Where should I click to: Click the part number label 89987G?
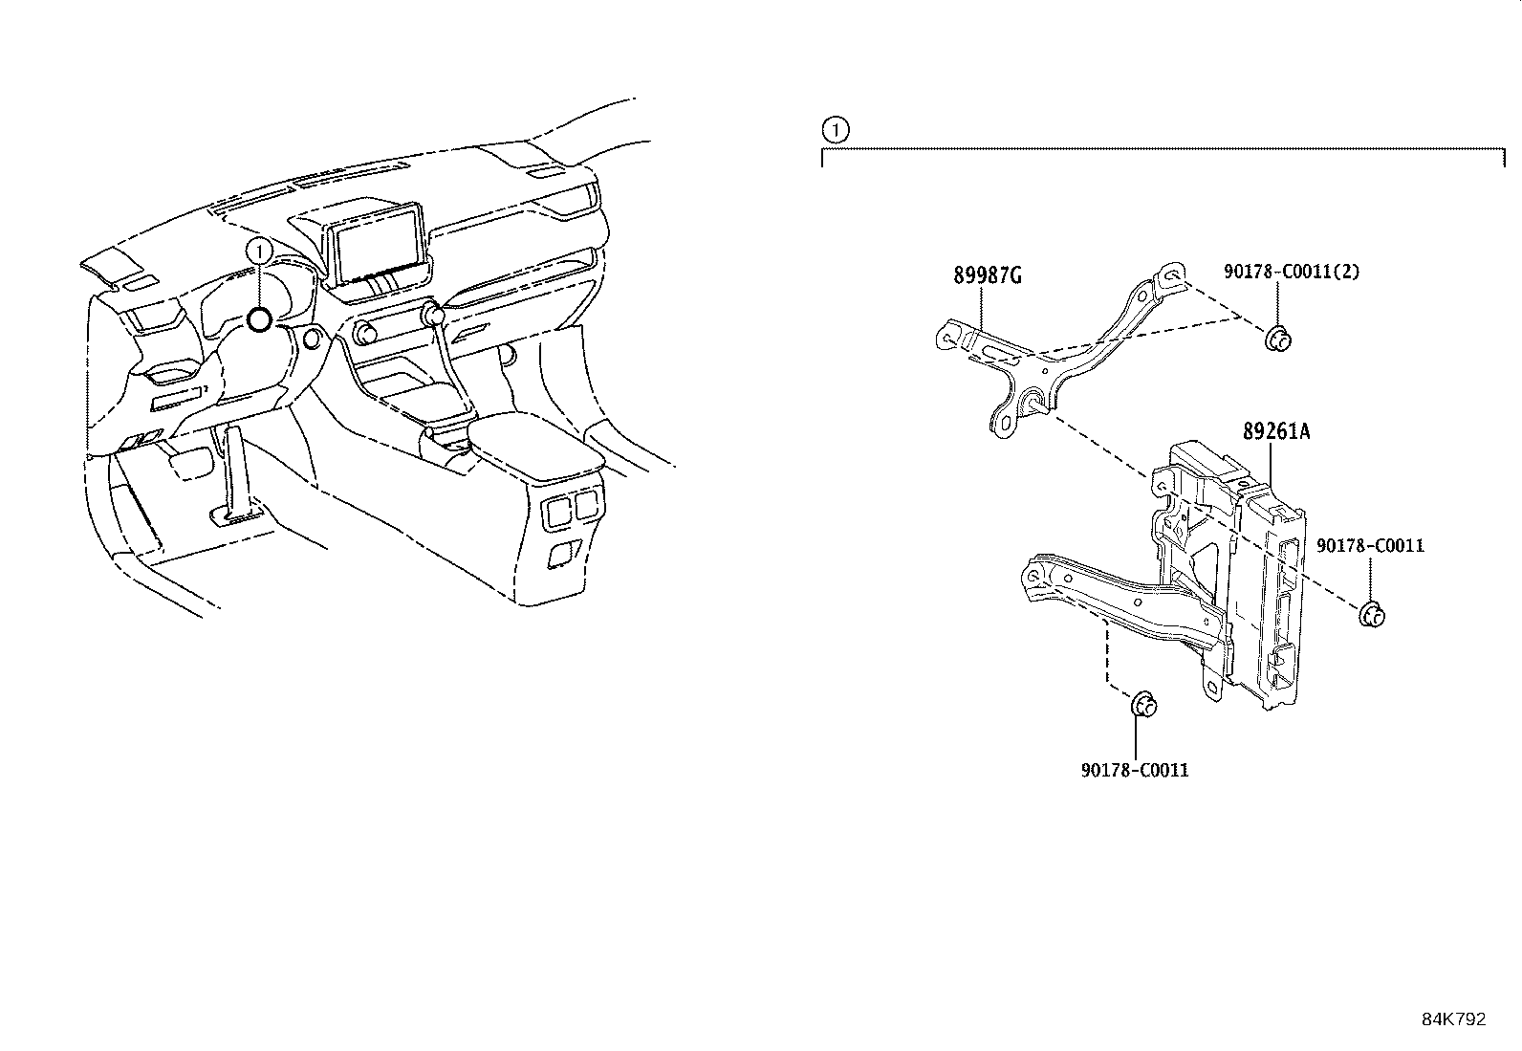click(988, 276)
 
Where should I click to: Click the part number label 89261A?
click(1275, 432)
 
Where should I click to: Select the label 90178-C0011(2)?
click(1291, 272)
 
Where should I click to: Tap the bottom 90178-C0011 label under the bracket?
click(1135, 770)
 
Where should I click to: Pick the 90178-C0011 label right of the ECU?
click(1370, 546)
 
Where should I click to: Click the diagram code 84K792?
click(1453, 1019)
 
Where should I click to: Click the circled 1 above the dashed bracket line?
click(835, 128)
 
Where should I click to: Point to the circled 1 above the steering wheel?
click(259, 251)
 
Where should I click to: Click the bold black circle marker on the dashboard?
click(259, 320)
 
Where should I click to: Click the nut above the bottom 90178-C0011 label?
click(1143, 706)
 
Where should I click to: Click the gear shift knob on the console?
click(434, 314)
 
